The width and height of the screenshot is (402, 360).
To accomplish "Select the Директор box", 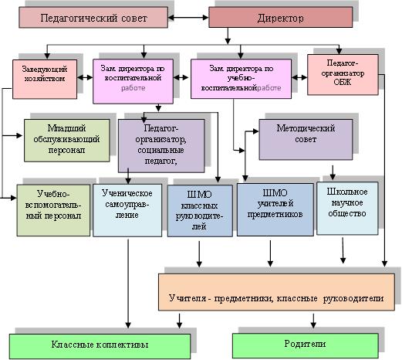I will pos(279,16).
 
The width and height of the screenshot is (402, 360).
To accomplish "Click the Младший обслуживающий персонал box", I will pos(67,140).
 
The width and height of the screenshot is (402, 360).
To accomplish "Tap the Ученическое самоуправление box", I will pos(127,207).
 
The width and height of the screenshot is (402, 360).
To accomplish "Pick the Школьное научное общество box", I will pos(348,205).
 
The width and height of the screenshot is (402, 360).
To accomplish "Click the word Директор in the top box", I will pos(279,16).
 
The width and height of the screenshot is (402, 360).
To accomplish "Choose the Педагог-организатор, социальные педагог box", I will pos(160,144).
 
